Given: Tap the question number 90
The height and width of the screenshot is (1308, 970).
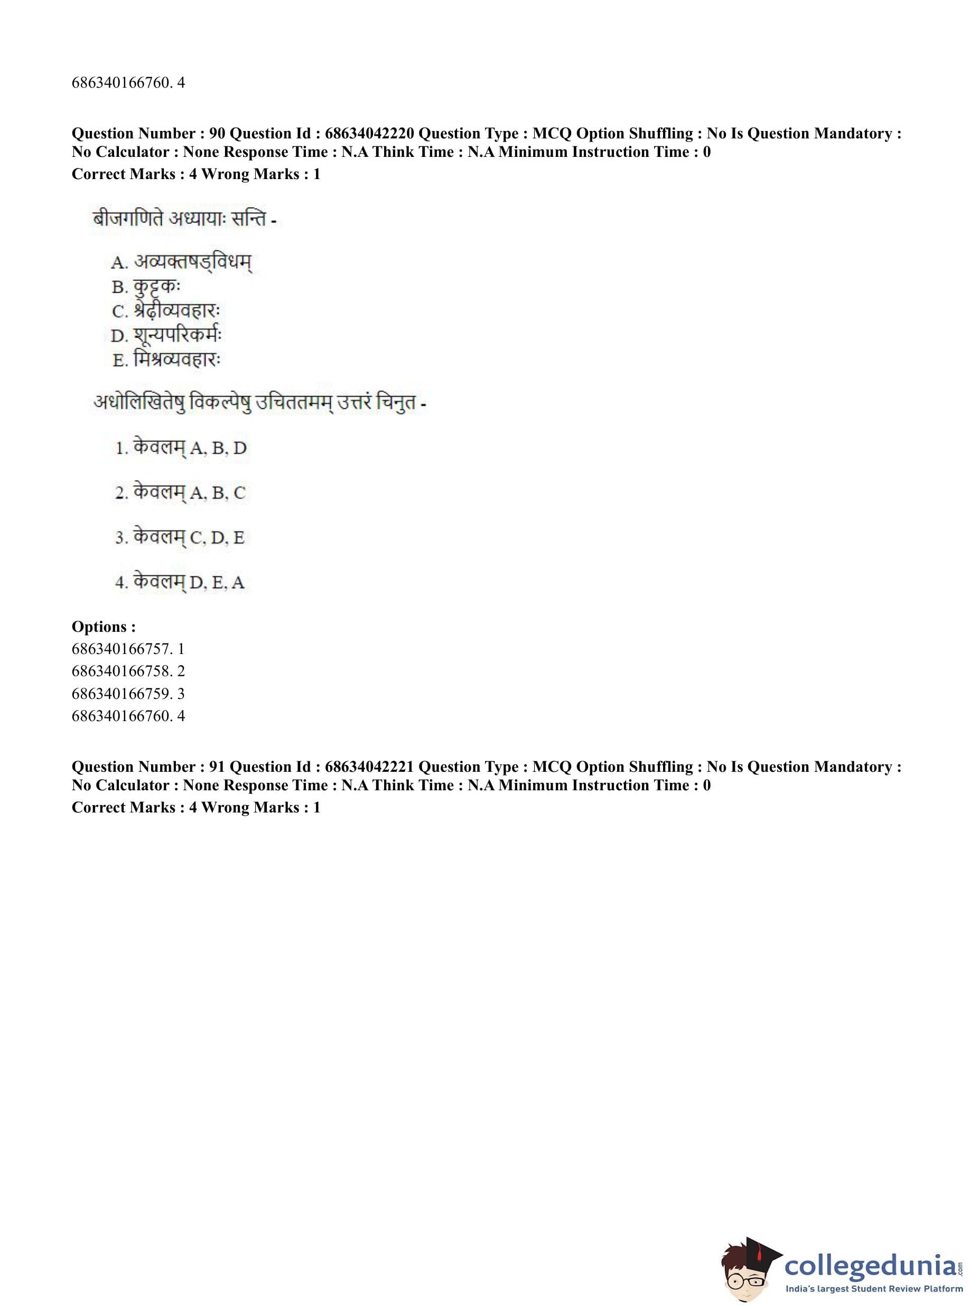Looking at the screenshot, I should (217, 134).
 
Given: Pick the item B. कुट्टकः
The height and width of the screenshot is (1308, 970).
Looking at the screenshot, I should (146, 287).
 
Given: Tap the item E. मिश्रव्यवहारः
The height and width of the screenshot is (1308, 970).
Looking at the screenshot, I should (167, 359).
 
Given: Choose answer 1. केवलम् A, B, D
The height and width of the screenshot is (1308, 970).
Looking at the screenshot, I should (181, 449).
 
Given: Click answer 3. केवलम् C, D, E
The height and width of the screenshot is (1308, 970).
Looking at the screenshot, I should (180, 538).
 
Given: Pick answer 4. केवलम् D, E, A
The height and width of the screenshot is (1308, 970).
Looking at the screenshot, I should (180, 582).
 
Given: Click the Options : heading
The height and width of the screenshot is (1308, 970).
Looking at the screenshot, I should (104, 627).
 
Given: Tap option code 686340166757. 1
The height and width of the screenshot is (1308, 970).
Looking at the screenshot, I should (128, 649).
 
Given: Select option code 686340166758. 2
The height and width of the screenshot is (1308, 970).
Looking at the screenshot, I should (128, 671).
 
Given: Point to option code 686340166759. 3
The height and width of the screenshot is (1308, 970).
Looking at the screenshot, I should (128, 694).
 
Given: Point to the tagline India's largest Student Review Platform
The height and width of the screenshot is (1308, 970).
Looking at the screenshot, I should (874, 1289).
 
